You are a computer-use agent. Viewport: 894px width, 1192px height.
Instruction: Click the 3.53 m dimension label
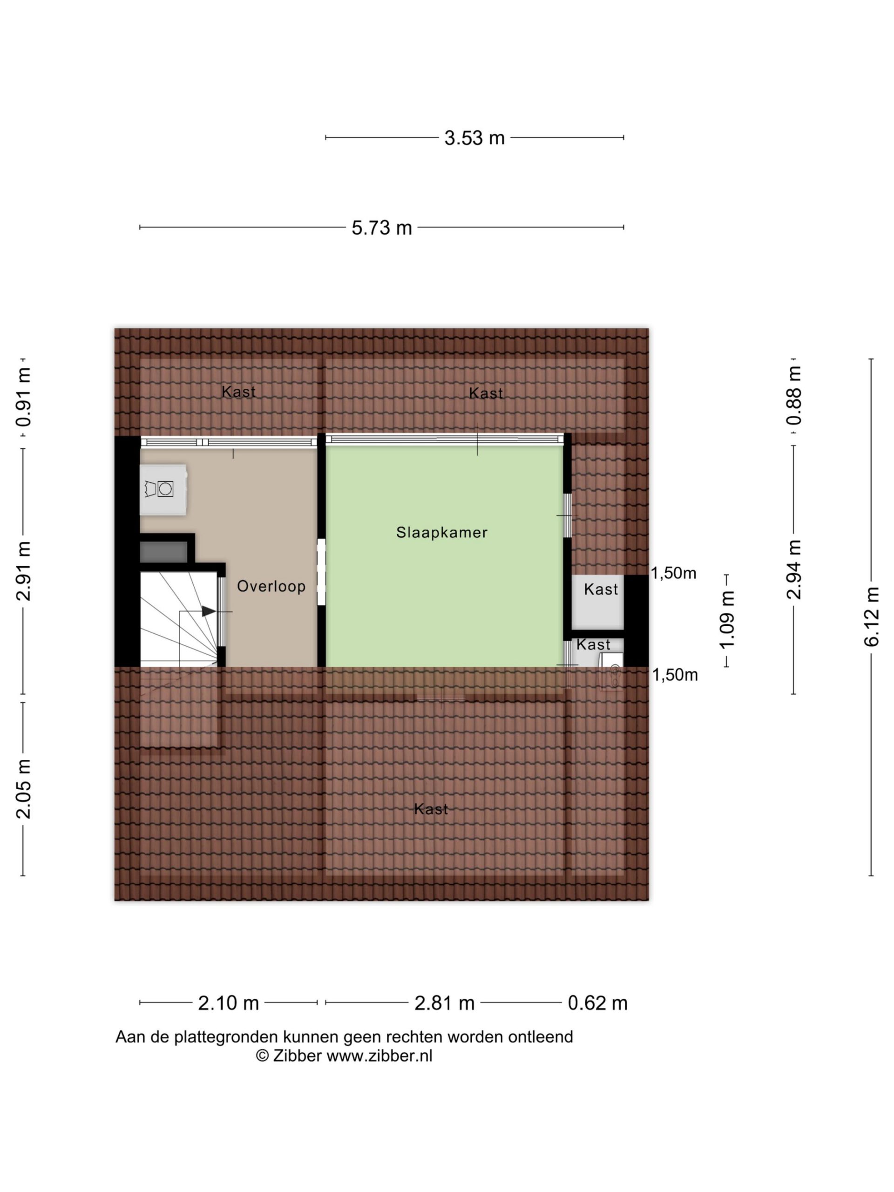coord(474,138)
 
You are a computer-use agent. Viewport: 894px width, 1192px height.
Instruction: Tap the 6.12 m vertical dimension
coord(871,616)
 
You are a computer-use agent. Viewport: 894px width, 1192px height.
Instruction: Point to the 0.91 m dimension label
coord(24,397)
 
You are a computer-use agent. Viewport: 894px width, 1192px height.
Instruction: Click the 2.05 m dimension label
coord(24,789)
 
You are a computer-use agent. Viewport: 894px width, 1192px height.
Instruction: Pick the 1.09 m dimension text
coord(727,620)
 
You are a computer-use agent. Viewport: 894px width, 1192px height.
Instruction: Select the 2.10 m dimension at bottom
coord(229,1003)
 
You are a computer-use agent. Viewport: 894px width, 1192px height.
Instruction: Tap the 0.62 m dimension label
coord(597,1003)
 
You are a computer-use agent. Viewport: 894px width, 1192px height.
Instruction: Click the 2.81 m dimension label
coord(444,1003)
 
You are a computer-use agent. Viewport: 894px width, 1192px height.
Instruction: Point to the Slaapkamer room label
coord(442,532)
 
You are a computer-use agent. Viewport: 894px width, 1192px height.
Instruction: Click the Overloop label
coord(271,586)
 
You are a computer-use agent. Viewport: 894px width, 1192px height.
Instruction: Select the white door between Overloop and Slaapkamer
coord(321,572)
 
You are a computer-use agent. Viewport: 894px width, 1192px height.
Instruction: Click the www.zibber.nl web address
coord(379,1056)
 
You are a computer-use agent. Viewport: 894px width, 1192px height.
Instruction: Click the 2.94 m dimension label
coord(794,569)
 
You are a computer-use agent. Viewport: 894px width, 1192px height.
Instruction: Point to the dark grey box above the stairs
coord(163,552)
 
